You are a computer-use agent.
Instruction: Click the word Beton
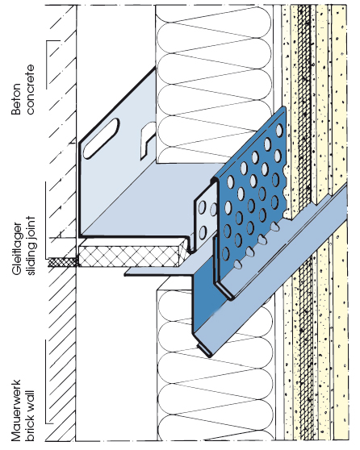point(16,99)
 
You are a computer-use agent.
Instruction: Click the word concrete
point(30,90)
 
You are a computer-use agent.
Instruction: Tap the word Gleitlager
point(17,249)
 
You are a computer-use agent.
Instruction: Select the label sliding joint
point(30,246)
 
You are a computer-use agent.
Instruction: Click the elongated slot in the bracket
point(101,139)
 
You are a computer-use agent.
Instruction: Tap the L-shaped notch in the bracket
point(148,140)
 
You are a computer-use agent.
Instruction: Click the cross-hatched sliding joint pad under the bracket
point(131,256)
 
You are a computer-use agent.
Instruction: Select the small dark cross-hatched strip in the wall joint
point(63,262)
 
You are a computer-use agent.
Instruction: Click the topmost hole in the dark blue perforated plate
point(279,130)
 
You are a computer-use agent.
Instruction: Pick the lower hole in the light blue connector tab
point(203,232)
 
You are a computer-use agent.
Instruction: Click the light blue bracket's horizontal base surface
point(149,201)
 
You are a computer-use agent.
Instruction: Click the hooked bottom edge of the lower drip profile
point(203,348)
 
